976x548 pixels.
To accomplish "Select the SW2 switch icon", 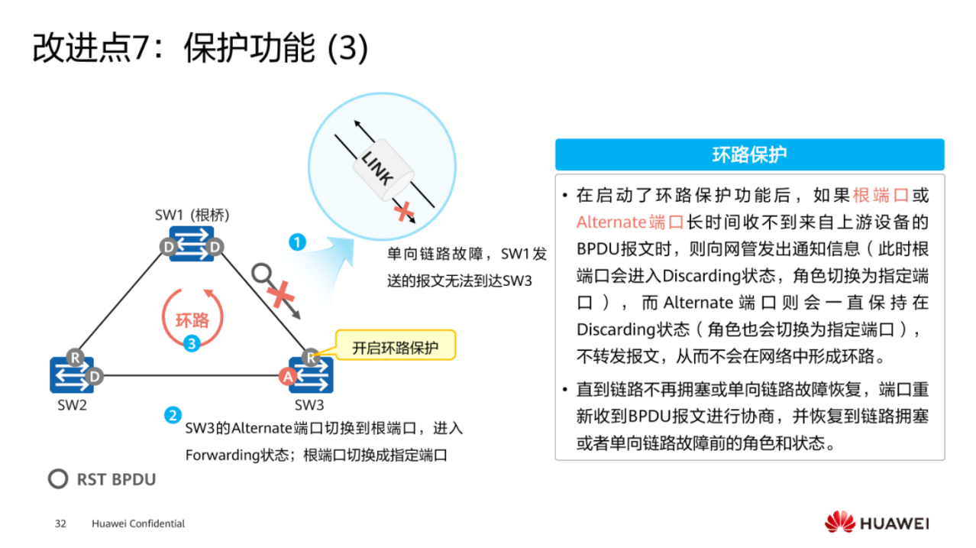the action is (72, 375).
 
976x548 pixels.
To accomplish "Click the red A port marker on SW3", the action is (288, 376).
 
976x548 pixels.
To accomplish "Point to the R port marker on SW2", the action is (74, 357).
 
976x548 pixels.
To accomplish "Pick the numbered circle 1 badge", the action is (297, 242).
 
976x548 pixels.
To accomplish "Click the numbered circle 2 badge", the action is (173, 417).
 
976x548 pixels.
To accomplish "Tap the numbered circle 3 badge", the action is (192, 345).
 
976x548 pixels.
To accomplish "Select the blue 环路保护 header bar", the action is (749, 154).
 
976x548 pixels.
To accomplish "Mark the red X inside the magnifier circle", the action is (402, 211).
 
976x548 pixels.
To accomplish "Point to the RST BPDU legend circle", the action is (58, 479).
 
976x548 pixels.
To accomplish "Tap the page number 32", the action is (61, 524).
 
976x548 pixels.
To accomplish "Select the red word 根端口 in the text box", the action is (881, 196).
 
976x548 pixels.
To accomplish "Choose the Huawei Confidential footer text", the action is (138, 524).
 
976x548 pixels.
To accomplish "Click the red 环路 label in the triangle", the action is (192, 319).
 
